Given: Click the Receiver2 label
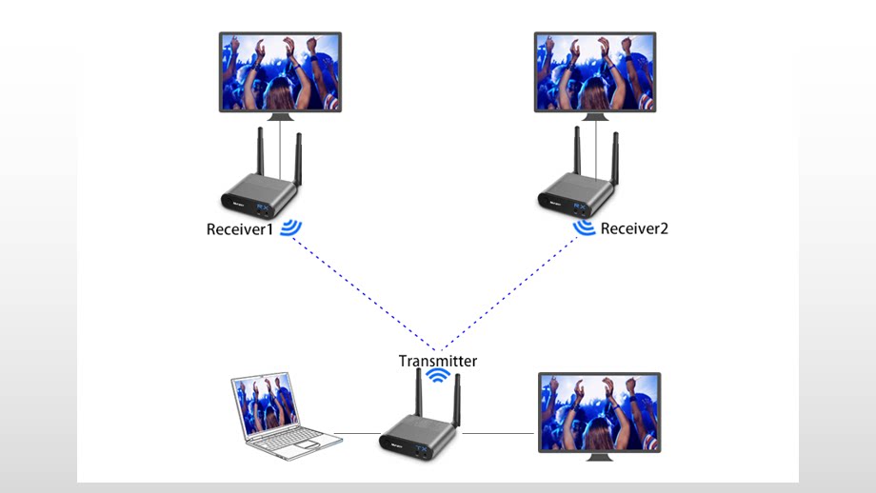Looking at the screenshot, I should point(634,228).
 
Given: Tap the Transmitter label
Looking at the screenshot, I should point(437,361).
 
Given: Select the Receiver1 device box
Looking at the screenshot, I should point(254,195).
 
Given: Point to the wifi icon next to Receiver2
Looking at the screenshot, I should point(585,227).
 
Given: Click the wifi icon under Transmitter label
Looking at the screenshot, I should point(437,376).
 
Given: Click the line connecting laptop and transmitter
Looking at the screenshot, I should point(360,434).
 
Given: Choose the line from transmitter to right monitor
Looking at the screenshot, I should point(498,434).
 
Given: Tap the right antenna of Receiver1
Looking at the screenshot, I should point(298,160).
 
